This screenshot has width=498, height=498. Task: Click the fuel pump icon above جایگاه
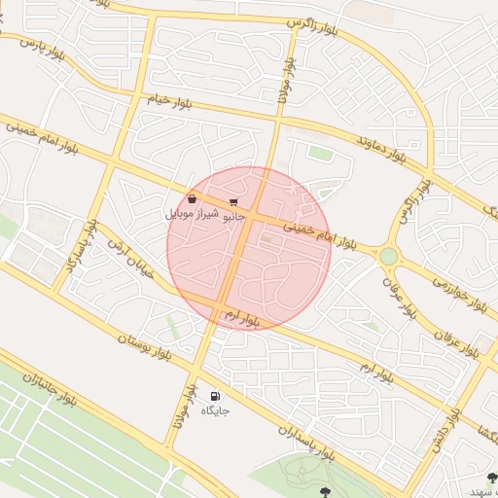point(215,396)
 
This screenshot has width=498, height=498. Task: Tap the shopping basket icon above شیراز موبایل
point(193,199)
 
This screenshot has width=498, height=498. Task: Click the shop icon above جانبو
point(233,202)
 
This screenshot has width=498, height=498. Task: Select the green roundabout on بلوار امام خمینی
point(389,256)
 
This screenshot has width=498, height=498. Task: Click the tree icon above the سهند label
point(491,477)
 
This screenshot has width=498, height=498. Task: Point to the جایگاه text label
point(215,410)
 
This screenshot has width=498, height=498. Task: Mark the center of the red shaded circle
point(249,248)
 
